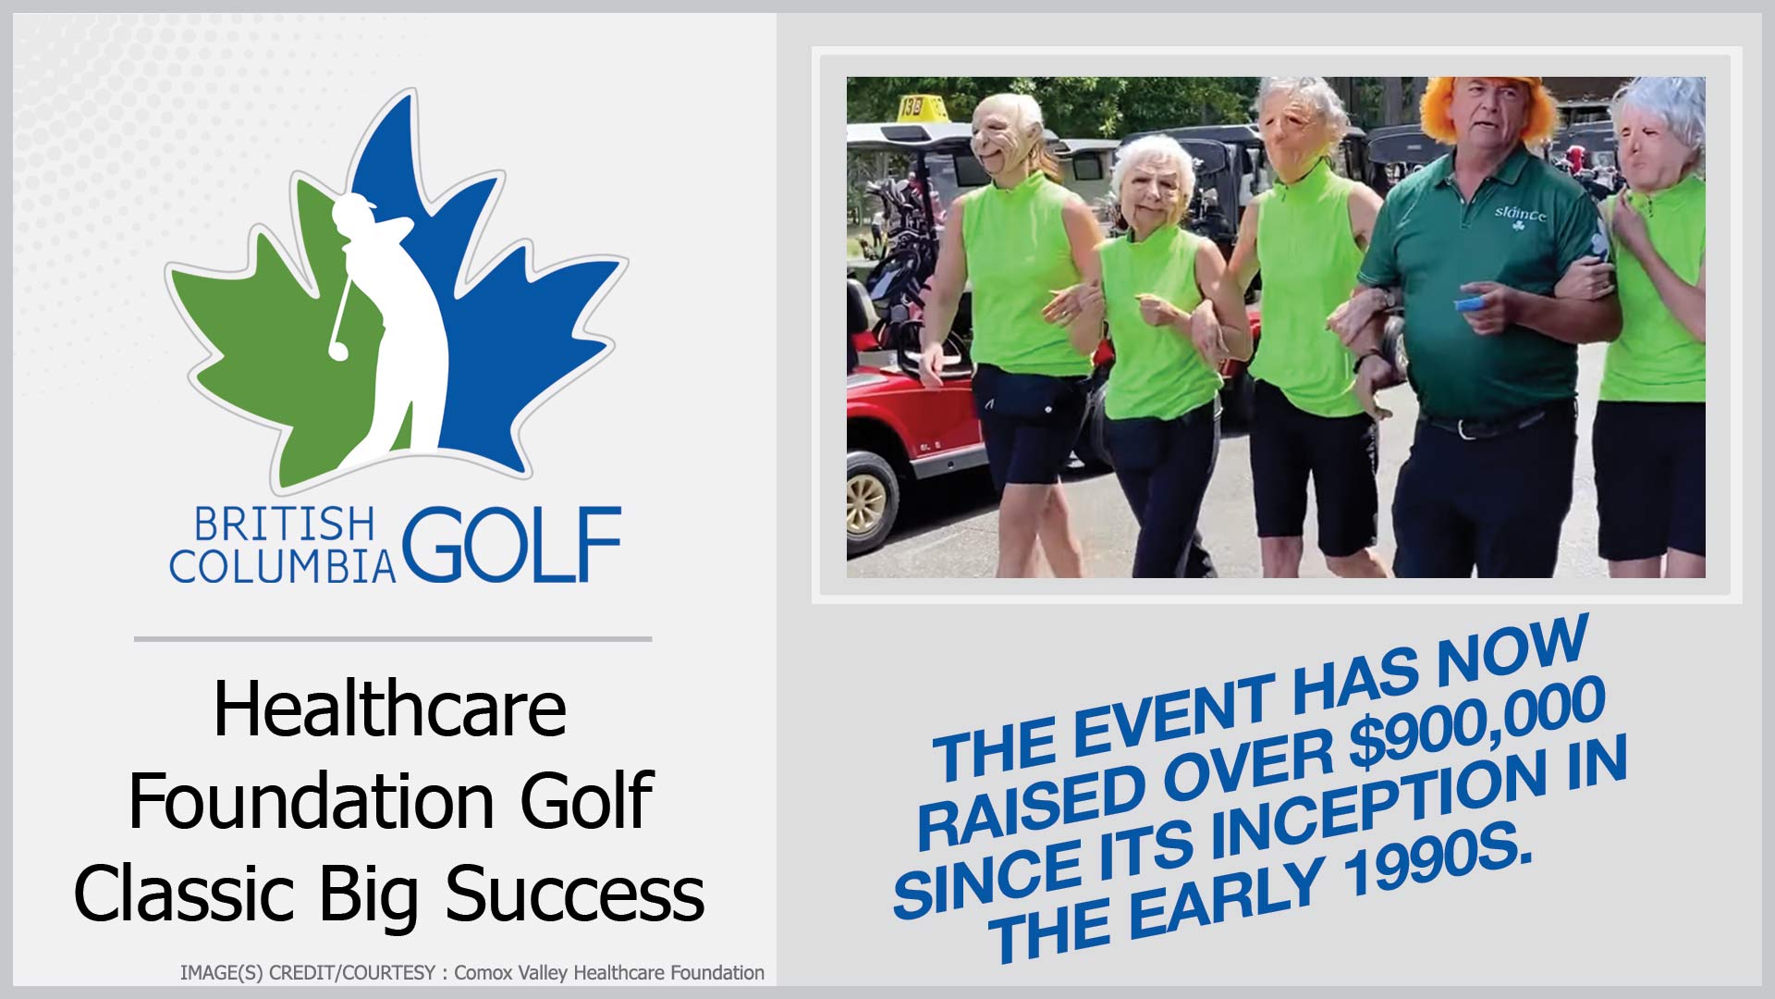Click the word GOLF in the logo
tap(511, 544)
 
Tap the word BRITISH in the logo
tap(285, 524)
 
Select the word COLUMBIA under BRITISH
tap(283, 566)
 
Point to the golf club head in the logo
tap(337, 351)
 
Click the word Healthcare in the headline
tap(390, 709)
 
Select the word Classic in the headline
tap(184, 894)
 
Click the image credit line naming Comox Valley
tap(472, 973)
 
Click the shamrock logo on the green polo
tap(1516, 223)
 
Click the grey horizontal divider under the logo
tap(393, 638)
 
